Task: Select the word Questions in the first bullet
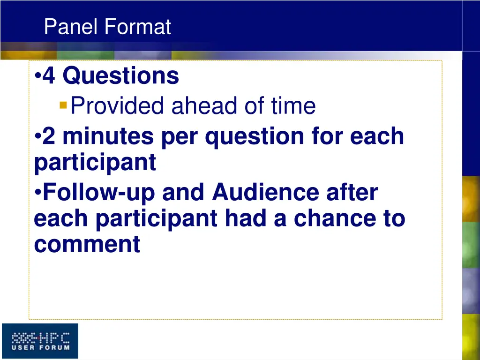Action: pyautogui.click(x=120, y=75)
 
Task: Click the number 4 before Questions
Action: pyautogui.click(x=49, y=75)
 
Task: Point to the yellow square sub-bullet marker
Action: pyautogui.click(x=63, y=105)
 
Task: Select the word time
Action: pyautogui.click(x=293, y=105)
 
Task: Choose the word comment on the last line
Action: pyautogui.click(x=87, y=245)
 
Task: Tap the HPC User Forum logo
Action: pyautogui.click(x=40, y=341)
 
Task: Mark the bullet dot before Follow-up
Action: pyautogui.click(x=37, y=193)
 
